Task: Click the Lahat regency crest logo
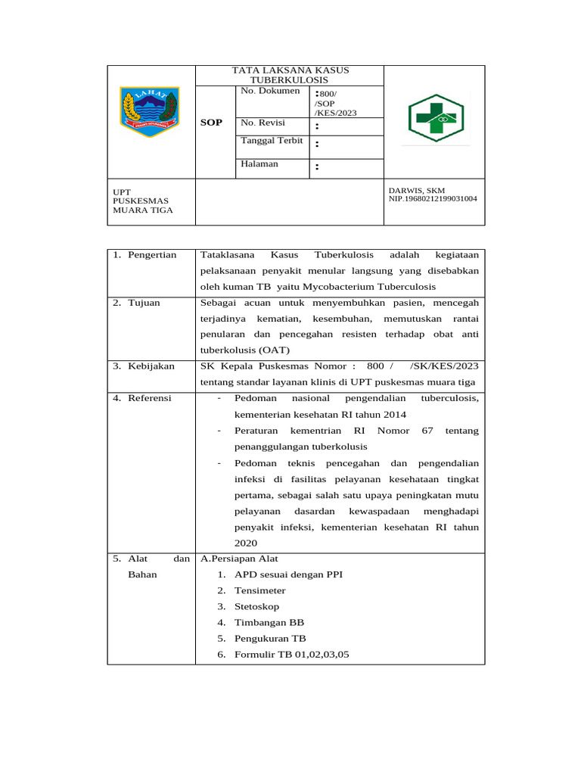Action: pyautogui.click(x=150, y=111)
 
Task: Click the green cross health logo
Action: pyautogui.click(x=437, y=118)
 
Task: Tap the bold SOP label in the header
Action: pyautogui.click(x=212, y=123)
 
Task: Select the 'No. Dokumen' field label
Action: pyautogui.click(x=270, y=91)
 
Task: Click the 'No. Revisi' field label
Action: pyautogui.click(x=263, y=122)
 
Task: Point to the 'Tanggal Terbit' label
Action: pyautogui.click(x=272, y=141)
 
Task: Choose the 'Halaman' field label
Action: pyautogui.click(x=259, y=163)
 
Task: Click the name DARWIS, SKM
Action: pyautogui.click(x=417, y=190)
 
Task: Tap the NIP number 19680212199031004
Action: pyautogui.click(x=433, y=199)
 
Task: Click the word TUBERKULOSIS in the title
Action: pyautogui.click(x=290, y=79)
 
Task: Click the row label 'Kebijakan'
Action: pyautogui.click(x=151, y=366)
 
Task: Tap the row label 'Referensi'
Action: pyautogui.click(x=149, y=398)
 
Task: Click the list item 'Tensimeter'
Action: pyautogui.click(x=260, y=590)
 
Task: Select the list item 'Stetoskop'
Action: pyautogui.click(x=257, y=607)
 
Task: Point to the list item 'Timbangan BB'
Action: pyautogui.click(x=269, y=623)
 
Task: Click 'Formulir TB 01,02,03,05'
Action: pyautogui.click(x=292, y=655)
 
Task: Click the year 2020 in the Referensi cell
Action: pyautogui.click(x=246, y=543)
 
